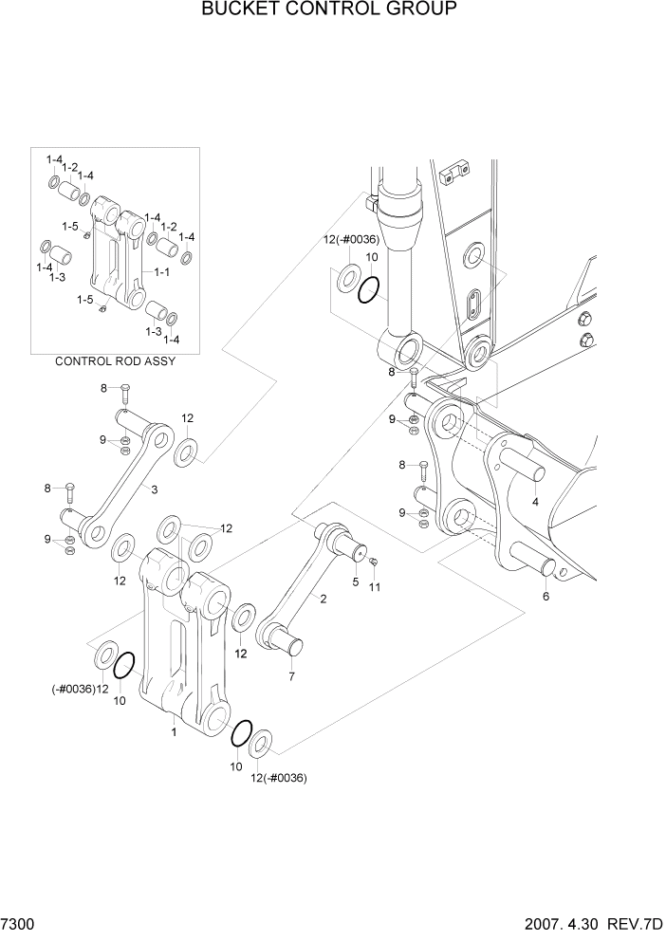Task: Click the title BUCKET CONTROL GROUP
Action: click(329, 10)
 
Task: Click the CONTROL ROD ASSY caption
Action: click(115, 361)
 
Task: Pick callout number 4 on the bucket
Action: click(535, 502)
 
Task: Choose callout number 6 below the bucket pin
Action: click(546, 597)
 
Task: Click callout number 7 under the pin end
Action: click(291, 676)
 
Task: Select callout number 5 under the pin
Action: click(356, 581)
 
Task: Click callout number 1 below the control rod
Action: click(173, 732)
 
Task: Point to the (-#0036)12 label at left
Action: click(74, 689)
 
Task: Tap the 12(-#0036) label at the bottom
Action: click(278, 778)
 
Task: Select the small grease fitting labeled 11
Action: click(374, 563)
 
